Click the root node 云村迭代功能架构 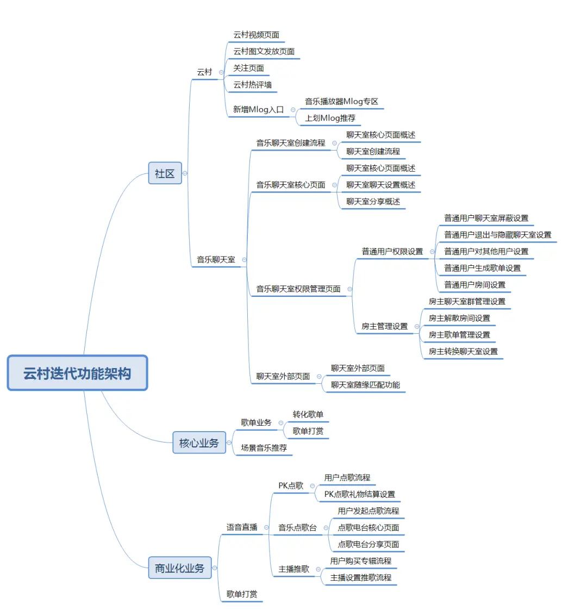(77, 373)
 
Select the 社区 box (165, 173)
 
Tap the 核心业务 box (199, 443)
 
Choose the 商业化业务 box (180, 568)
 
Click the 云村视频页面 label (257, 35)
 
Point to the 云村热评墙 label (252, 84)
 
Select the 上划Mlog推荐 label (330, 118)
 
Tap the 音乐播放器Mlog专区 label (341, 101)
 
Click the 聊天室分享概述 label (373, 201)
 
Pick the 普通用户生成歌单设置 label (482, 267)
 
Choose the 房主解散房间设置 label (459, 318)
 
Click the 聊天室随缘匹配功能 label (365, 384)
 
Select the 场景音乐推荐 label (264, 447)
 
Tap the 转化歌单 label (308, 414)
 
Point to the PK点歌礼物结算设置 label (359, 494)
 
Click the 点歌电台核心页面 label (369, 527)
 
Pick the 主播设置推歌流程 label (360, 577)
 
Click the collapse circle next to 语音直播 (266, 527)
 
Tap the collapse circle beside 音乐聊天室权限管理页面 (349, 289)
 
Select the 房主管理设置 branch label (385, 326)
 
